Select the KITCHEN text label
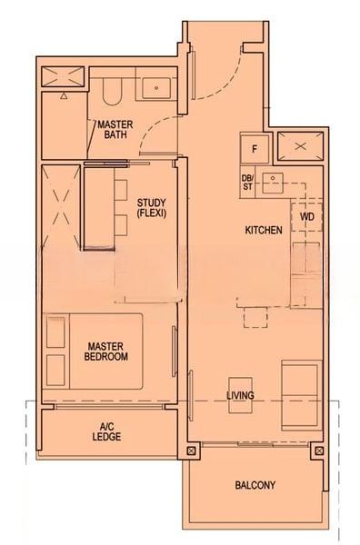click(264, 231)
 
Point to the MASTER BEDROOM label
click(107, 351)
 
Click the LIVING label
click(240, 396)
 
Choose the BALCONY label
click(255, 485)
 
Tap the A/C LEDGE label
click(106, 431)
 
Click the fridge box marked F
click(255, 148)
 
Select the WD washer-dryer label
click(306, 218)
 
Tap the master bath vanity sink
click(157, 88)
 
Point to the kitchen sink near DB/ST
click(275, 183)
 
